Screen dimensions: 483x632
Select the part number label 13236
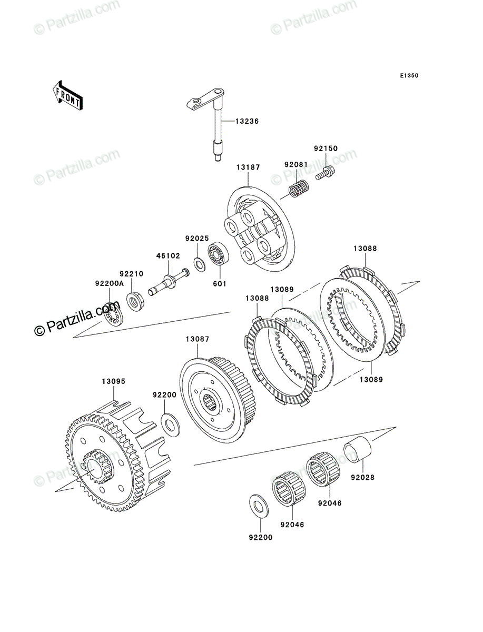pyautogui.click(x=247, y=122)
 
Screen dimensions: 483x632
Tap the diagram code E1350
pyautogui.click(x=409, y=76)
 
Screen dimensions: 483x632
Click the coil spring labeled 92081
pyautogui.click(x=299, y=189)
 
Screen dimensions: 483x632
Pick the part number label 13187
pyautogui.click(x=248, y=167)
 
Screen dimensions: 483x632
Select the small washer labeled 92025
pyautogui.click(x=199, y=264)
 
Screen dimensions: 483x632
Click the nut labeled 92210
pyautogui.click(x=135, y=301)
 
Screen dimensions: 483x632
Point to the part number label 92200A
pyautogui.click(x=110, y=283)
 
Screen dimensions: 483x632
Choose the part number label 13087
pyautogui.click(x=198, y=339)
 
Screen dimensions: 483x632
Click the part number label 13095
pyautogui.click(x=114, y=381)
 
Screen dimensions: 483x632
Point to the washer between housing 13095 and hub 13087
pyautogui.click(x=171, y=425)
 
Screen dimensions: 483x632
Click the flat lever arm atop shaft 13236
pyautogui.click(x=205, y=99)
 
